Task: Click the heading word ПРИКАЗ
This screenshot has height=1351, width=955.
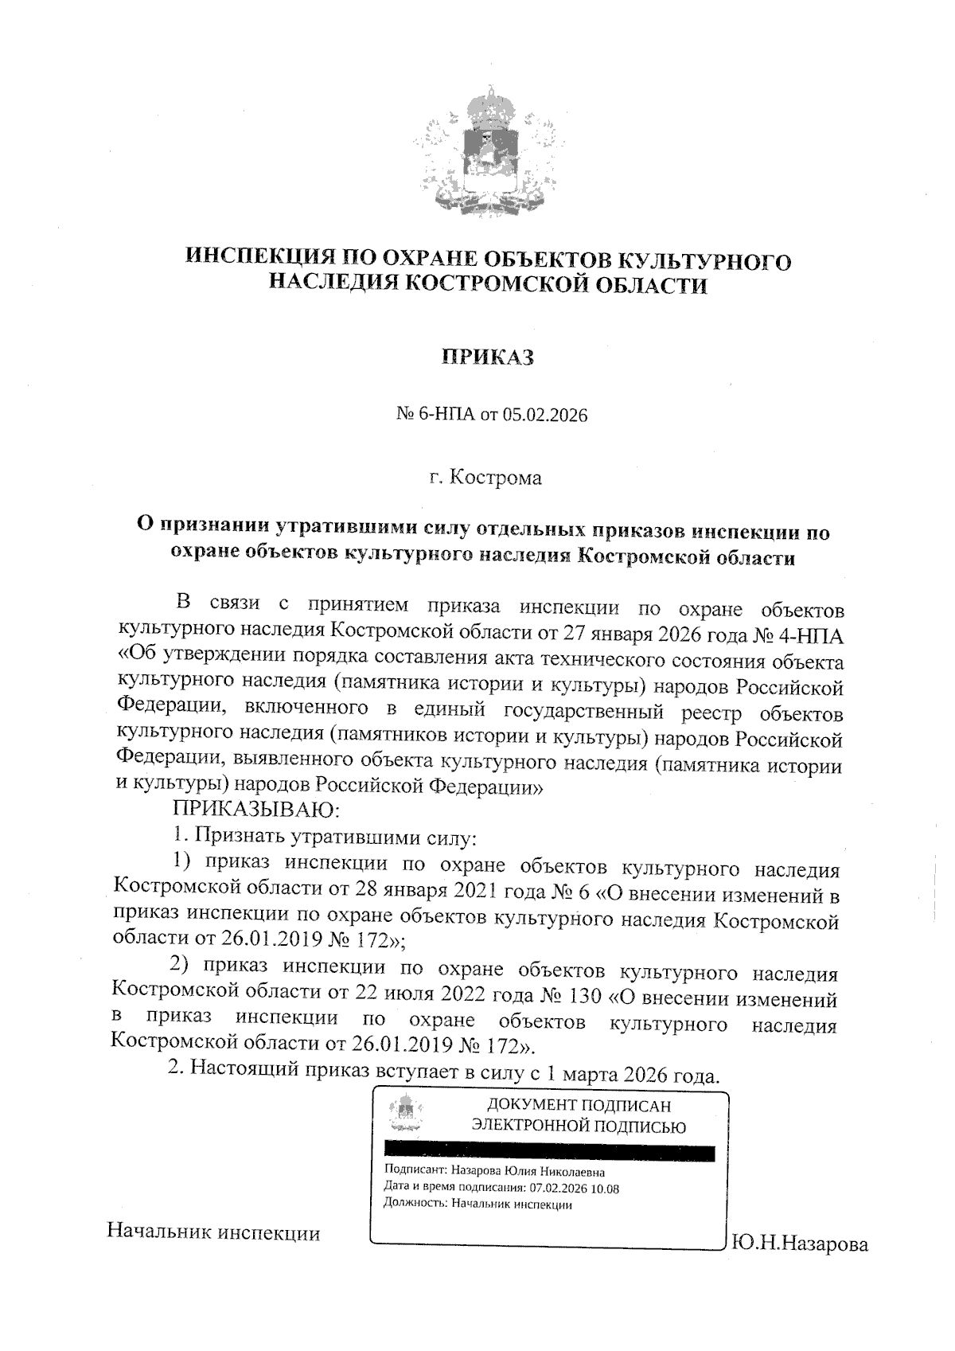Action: coord(487,357)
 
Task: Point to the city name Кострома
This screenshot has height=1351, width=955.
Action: coord(495,478)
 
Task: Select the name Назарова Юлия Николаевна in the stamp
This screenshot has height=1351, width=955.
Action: coord(528,1172)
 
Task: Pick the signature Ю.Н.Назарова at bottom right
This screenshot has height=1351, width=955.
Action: coord(799,1244)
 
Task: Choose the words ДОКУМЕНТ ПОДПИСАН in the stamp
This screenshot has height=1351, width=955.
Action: coord(579,1106)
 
